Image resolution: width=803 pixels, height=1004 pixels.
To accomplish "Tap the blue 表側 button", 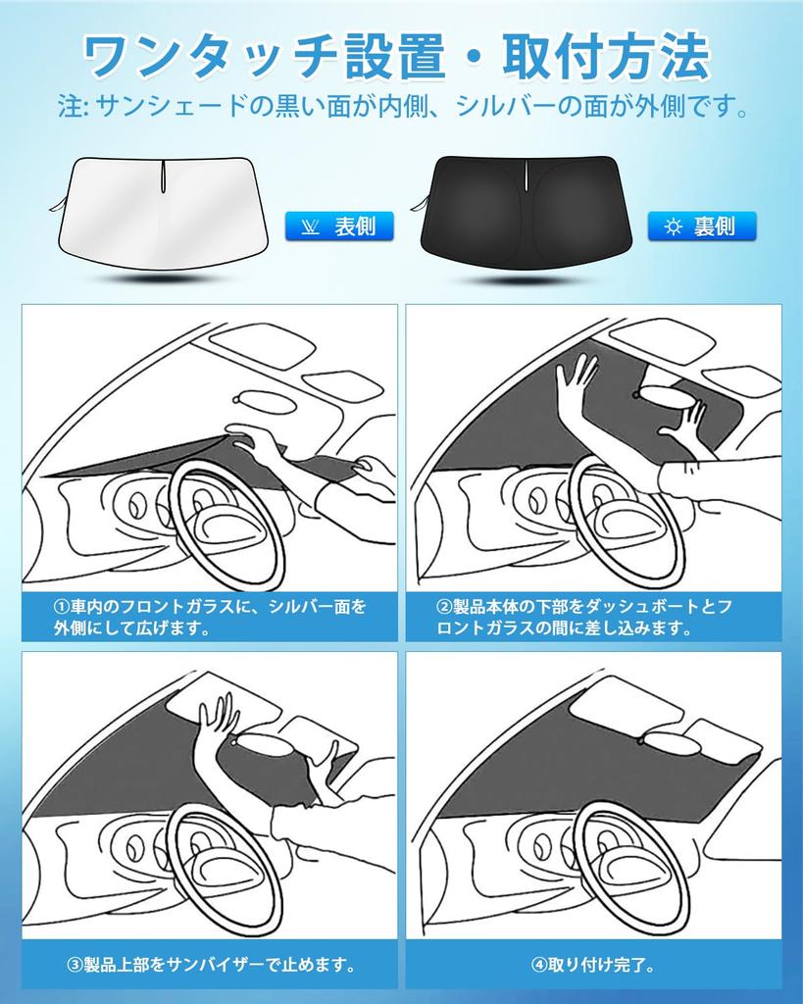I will [338, 226].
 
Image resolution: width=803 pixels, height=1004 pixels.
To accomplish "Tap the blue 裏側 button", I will [702, 226].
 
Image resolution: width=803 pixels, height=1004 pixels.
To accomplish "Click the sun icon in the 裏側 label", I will [673, 227].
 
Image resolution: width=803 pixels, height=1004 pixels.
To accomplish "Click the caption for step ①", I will [209, 617].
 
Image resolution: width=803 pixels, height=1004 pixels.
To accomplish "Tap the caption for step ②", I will [593, 617].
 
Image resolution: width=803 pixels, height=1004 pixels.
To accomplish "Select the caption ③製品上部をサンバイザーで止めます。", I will [209, 965].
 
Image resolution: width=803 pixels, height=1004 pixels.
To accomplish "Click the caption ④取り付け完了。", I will [593, 965].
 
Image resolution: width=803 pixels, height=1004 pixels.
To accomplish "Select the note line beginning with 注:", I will [402, 106].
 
